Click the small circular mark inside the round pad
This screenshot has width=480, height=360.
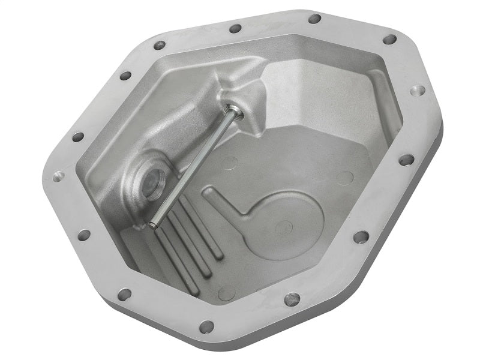click(284, 227)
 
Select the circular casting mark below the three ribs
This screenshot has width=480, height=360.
click(227, 292)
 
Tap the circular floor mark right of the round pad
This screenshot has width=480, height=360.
click(344, 178)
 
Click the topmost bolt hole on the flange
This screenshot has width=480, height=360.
click(314, 19)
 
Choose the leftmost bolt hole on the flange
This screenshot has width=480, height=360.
click(58, 176)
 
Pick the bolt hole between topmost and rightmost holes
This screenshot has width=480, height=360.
click(389, 40)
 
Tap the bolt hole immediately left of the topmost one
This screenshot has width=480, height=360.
click(235, 28)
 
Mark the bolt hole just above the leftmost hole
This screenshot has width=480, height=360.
click(78, 137)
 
